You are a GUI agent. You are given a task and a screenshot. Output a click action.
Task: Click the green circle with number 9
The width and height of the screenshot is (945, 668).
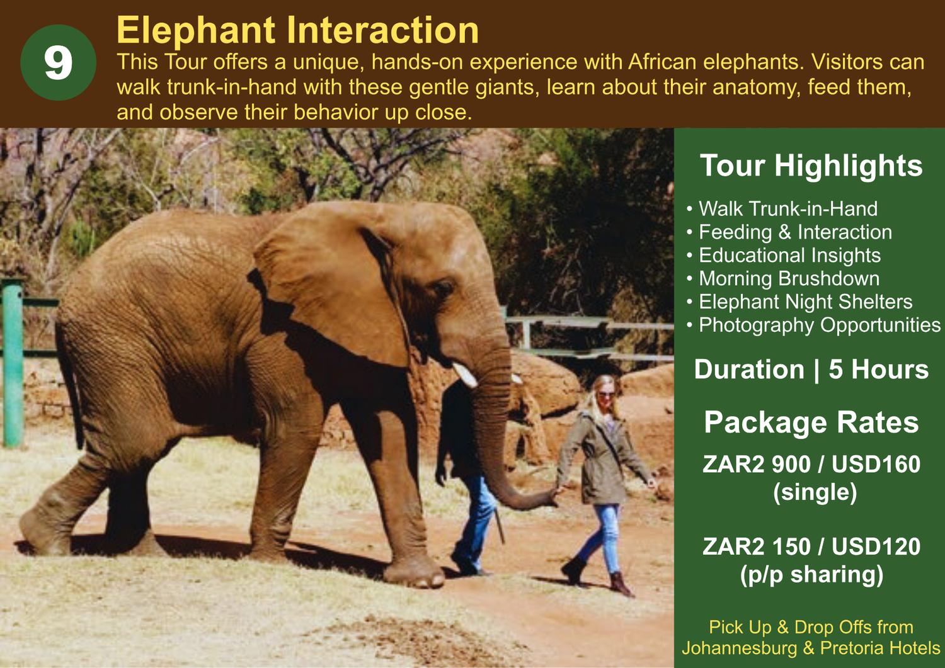coord(58,62)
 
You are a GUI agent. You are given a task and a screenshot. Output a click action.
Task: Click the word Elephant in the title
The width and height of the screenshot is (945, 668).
coord(196,30)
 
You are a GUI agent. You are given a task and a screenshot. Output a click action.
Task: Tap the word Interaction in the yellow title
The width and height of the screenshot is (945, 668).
coord(382,30)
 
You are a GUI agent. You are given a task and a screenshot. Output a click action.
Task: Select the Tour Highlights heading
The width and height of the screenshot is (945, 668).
coord(811,166)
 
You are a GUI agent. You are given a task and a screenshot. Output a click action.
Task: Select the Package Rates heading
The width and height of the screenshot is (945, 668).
coord(811,422)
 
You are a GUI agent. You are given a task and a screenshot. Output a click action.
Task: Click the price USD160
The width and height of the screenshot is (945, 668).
coord(876,464)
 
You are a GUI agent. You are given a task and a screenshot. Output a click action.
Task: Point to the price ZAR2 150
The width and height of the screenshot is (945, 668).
coord(757,546)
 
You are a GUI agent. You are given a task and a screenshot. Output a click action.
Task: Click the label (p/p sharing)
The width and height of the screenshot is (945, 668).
coord(811,574)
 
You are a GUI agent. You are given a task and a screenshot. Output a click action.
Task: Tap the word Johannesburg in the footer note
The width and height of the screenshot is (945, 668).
coord(740,648)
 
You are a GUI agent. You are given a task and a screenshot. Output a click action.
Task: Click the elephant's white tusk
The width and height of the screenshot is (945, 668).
coord(464,375)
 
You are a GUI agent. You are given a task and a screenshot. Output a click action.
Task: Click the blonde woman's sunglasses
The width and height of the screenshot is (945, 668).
coord(606,395)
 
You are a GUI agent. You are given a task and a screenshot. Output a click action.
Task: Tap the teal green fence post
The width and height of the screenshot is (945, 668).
coord(13,363)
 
